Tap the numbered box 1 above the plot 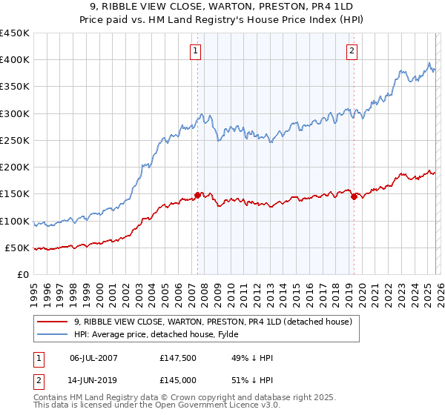coord(195,51)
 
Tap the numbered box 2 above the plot coord(352,51)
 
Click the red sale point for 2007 coord(198,195)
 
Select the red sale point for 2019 coord(354,196)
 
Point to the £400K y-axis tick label coord(15,60)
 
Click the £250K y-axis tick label coord(15,140)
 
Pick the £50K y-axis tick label coord(18,248)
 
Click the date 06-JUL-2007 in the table coord(94,358)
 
